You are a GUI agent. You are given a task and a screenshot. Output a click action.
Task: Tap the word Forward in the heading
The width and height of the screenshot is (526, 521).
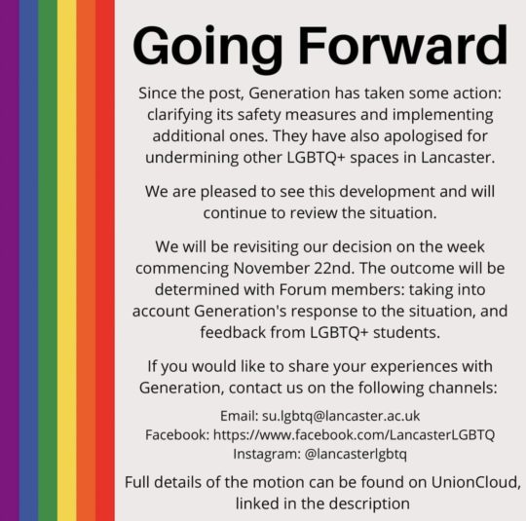click(x=403, y=45)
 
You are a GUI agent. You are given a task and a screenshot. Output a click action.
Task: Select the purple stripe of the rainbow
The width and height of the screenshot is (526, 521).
click(x=10, y=260)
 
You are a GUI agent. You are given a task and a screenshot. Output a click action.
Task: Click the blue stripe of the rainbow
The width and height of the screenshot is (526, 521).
click(x=28, y=260)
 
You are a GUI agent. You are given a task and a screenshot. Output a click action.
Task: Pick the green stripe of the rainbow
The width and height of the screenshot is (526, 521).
click(x=48, y=260)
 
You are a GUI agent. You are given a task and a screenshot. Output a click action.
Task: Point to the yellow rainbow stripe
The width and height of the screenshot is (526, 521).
click(x=67, y=260)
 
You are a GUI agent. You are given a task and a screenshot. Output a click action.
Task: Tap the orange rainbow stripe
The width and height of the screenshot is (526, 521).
click(x=86, y=260)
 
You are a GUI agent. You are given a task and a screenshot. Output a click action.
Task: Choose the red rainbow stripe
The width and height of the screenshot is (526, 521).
click(x=105, y=260)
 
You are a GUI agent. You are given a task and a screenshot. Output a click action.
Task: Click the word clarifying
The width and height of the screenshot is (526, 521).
click(x=180, y=115)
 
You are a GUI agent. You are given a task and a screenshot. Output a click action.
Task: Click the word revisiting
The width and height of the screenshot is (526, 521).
click(x=266, y=247)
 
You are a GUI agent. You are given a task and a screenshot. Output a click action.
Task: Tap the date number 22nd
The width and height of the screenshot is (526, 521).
click(x=334, y=268)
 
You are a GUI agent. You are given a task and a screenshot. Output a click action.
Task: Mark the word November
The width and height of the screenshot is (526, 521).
click(x=271, y=268)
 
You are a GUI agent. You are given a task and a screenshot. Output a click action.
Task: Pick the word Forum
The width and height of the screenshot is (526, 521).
click(x=303, y=289)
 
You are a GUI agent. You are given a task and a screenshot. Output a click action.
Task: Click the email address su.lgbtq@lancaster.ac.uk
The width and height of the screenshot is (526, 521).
click(x=341, y=417)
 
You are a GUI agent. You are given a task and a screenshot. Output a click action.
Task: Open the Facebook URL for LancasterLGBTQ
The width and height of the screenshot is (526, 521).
click(x=354, y=434)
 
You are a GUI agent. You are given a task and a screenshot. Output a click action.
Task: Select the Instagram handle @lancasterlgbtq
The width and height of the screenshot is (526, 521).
click(x=356, y=454)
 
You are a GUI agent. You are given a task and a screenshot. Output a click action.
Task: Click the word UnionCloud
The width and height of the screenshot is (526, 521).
click(x=476, y=482)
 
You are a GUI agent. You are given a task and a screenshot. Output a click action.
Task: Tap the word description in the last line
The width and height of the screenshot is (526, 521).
click(x=369, y=503)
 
